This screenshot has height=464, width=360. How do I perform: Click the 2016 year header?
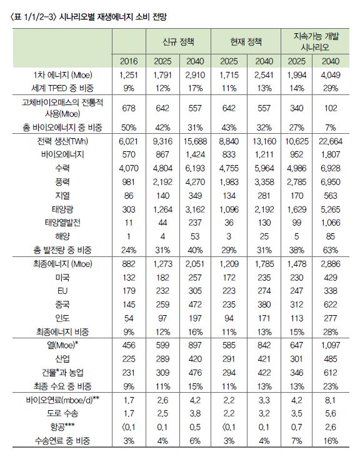128,61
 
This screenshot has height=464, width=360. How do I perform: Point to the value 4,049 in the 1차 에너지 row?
330,75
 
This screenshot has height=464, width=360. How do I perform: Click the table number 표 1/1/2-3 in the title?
29,14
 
